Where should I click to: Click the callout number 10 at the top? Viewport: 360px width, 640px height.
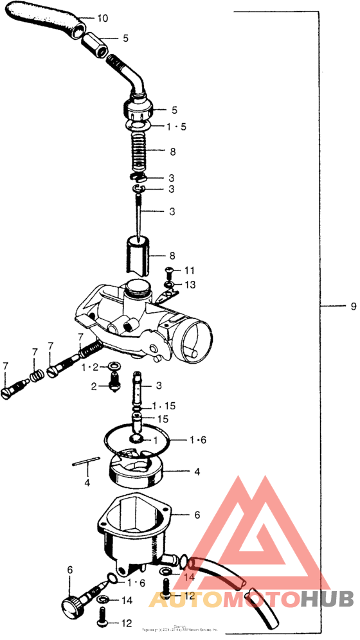click(103, 17)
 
